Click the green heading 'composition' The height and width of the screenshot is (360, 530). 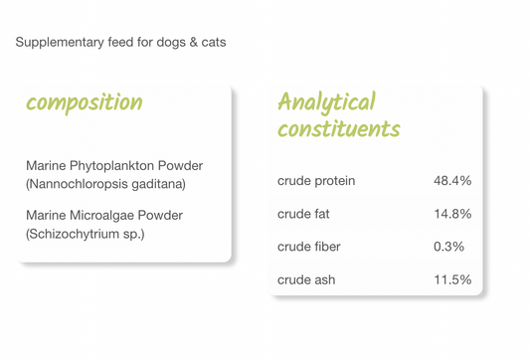click(x=84, y=103)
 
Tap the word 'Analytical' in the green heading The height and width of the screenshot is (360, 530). click(x=326, y=102)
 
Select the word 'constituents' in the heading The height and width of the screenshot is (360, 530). click(x=338, y=129)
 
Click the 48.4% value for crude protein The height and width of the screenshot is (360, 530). click(x=452, y=181)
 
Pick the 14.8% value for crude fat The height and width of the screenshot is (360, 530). click(x=452, y=214)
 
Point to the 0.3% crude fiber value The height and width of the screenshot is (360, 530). click(x=448, y=247)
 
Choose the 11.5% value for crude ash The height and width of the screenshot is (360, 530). click(x=452, y=279)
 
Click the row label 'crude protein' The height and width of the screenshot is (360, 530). click(x=315, y=181)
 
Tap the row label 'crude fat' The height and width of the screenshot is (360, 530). click(x=304, y=214)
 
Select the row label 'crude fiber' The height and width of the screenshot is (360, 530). click(x=308, y=247)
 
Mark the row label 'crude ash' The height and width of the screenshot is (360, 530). click(x=306, y=279)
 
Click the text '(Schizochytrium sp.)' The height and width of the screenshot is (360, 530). click(x=85, y=234)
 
